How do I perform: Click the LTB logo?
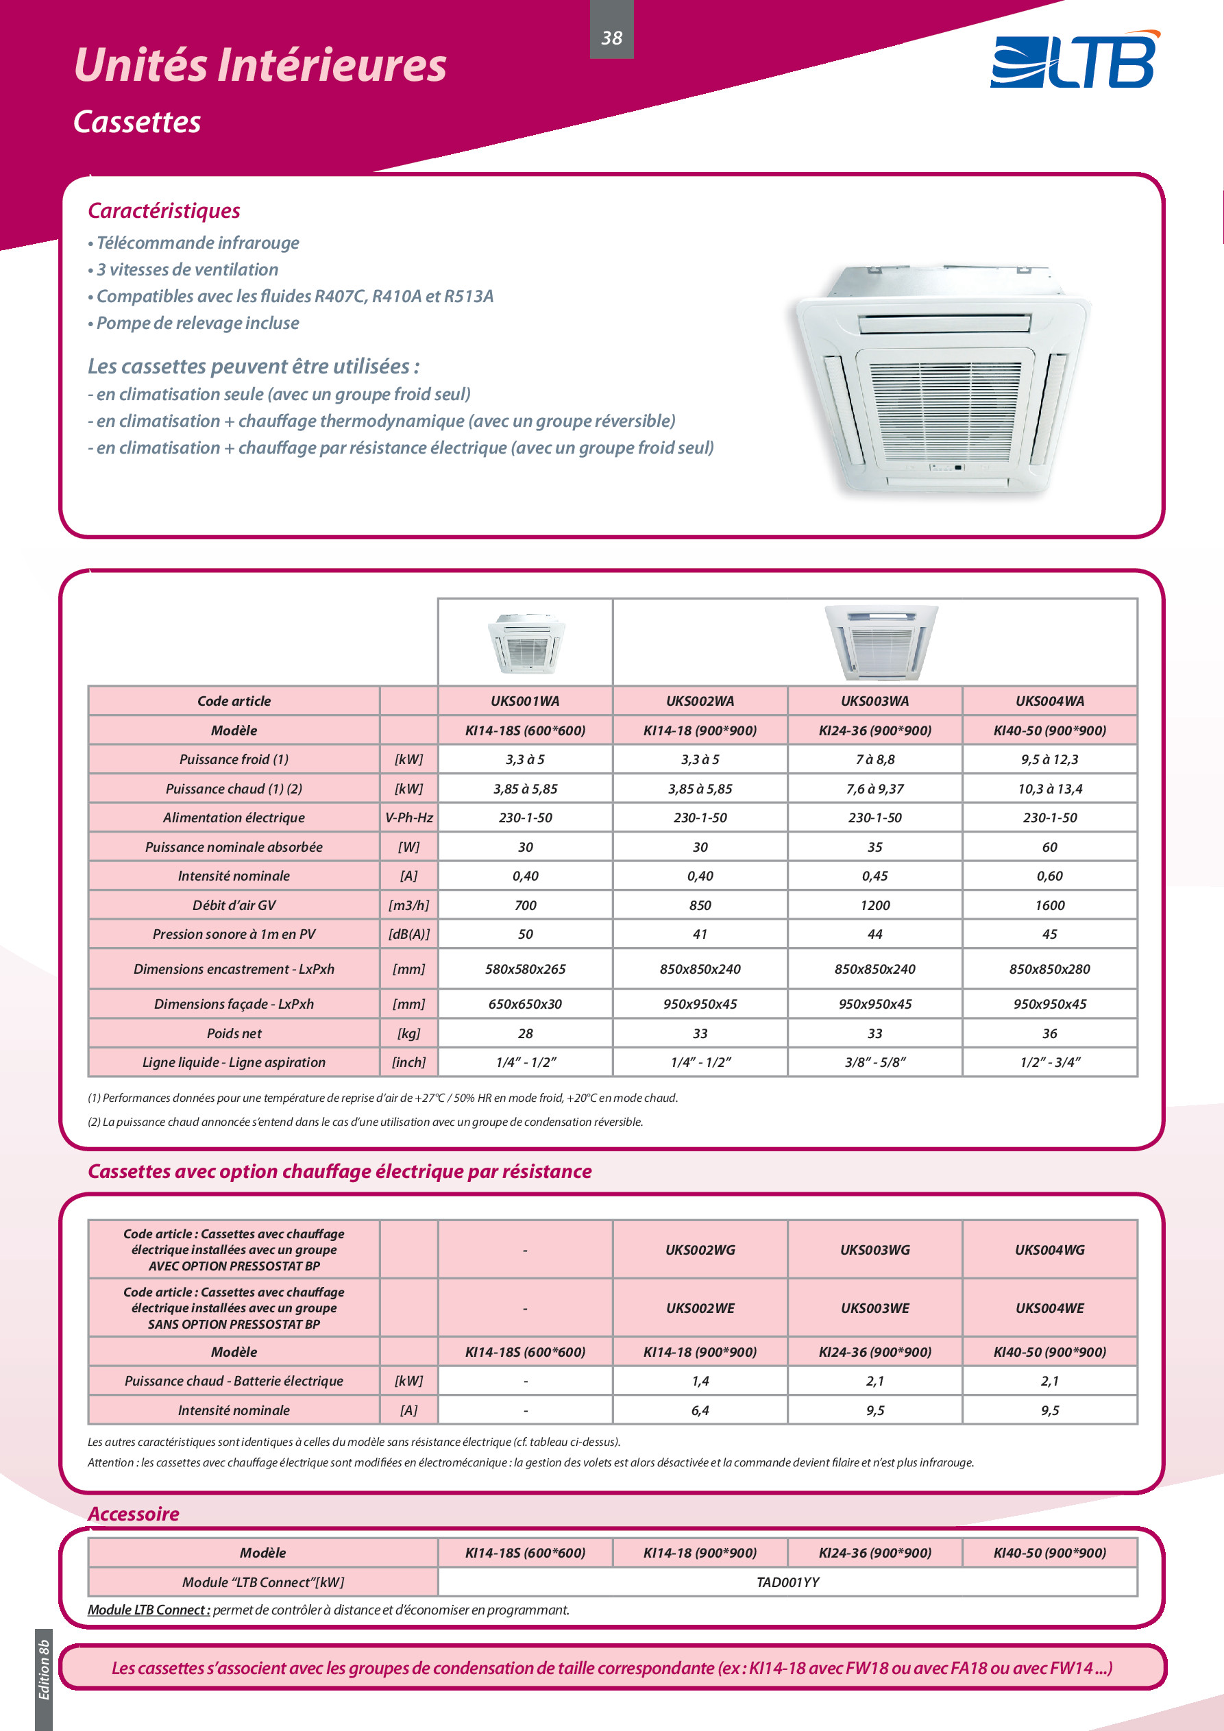coord(1075,60)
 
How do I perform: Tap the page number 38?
coord(611,38)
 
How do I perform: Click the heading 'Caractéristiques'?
coord(164,211)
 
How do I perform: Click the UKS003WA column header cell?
coord(875,701)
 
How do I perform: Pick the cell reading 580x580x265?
coord(525,970)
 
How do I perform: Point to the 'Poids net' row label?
coord(234,1033)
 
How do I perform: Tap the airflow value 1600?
coord(1049,905)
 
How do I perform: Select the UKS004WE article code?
coord(1049,1309)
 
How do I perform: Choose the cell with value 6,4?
coord(700,1410)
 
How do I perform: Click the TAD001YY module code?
coord(787,1582)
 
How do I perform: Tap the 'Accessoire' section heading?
coord(134,1514)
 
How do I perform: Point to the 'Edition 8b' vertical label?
coord(44,1670)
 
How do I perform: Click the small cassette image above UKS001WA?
coord(526,643)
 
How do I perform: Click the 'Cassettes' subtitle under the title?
coord(137,122)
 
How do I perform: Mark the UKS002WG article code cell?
coord(700,1250)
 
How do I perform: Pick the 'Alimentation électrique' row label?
coord(234,818)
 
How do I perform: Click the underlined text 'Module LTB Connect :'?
coord(149,1610)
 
